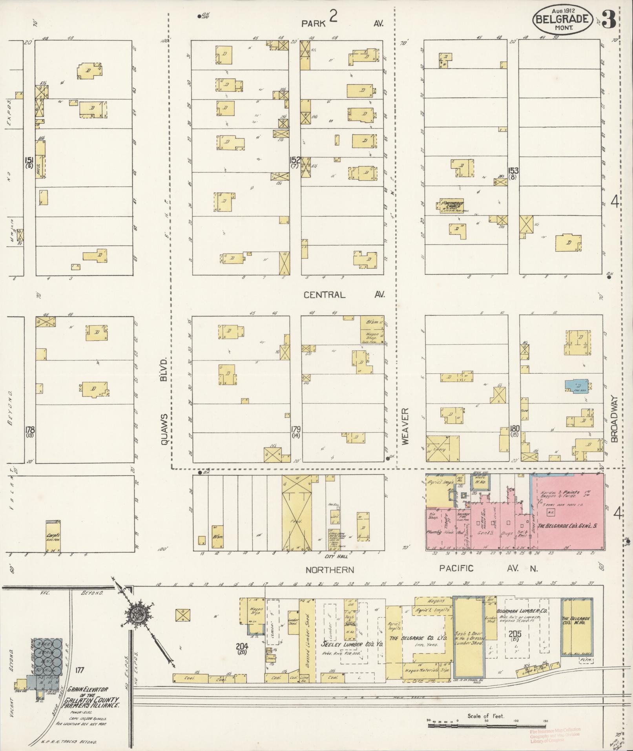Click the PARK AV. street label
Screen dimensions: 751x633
pos(341,23)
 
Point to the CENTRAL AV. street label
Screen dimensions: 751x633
pos(344,294)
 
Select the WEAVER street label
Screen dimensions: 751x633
pos(405,426)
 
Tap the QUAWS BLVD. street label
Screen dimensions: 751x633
pos(164,400)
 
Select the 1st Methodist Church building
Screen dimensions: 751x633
pos(451,206)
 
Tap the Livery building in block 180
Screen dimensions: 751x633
pos(442,449)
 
